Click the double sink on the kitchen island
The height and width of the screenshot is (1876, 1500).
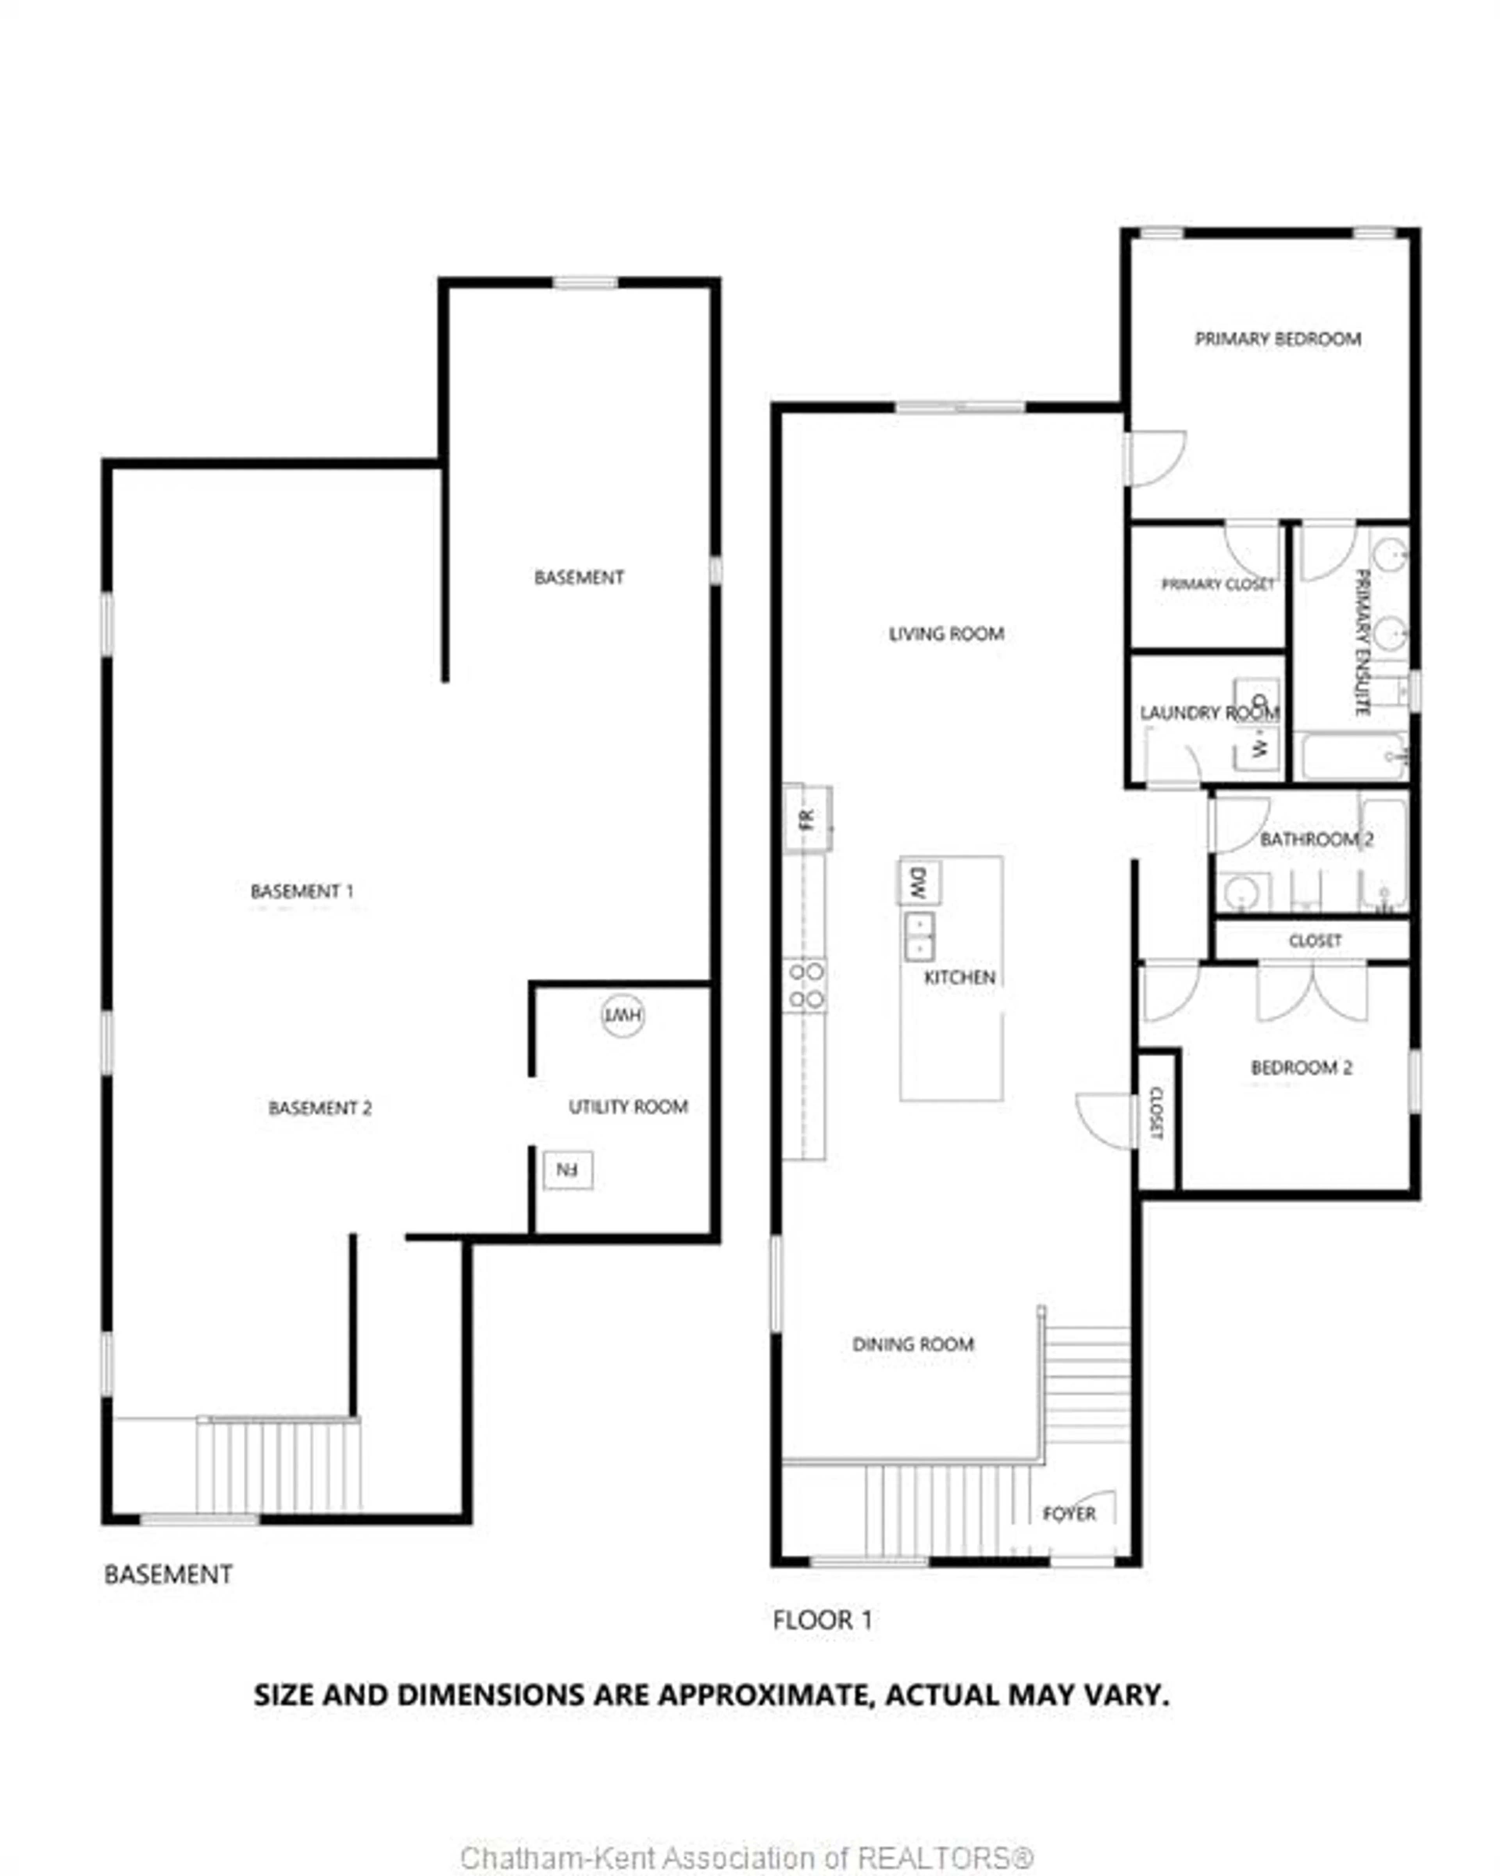pos(920,936)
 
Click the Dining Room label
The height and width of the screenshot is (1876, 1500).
pos(913,1344)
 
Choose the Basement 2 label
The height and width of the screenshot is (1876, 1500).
pos(319,1108)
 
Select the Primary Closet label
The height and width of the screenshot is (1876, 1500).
pos(1217,585)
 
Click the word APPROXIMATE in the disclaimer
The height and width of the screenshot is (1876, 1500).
pos(752,1695)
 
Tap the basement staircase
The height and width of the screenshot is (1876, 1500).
pos(279,1466)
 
